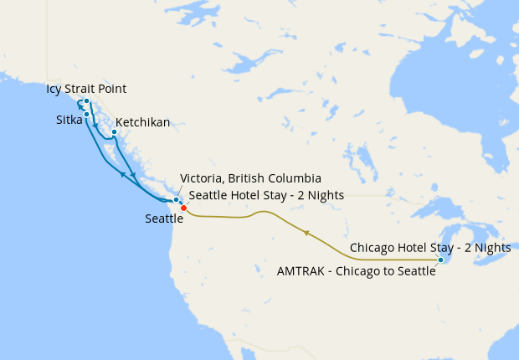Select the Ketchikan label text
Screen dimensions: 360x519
point(142,122)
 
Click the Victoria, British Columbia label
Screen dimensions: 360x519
point(250,179)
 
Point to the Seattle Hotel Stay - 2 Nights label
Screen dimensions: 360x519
point(266,195)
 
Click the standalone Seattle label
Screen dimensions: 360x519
point(164,219)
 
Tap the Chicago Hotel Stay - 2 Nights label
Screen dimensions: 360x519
point(429,248)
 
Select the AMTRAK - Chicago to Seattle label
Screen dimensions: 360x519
point(356,271)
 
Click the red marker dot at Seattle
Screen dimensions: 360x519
point(183,208)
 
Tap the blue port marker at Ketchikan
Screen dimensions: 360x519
point(114,131)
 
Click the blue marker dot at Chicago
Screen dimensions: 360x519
point(440,260)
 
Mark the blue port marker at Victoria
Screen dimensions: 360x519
point(176,199)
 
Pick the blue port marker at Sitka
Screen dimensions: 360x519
point(86,114)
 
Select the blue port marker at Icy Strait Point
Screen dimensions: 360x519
point(86,101)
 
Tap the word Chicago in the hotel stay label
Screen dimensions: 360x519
point(372,248)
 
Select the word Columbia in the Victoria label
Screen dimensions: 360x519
point(294,179)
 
